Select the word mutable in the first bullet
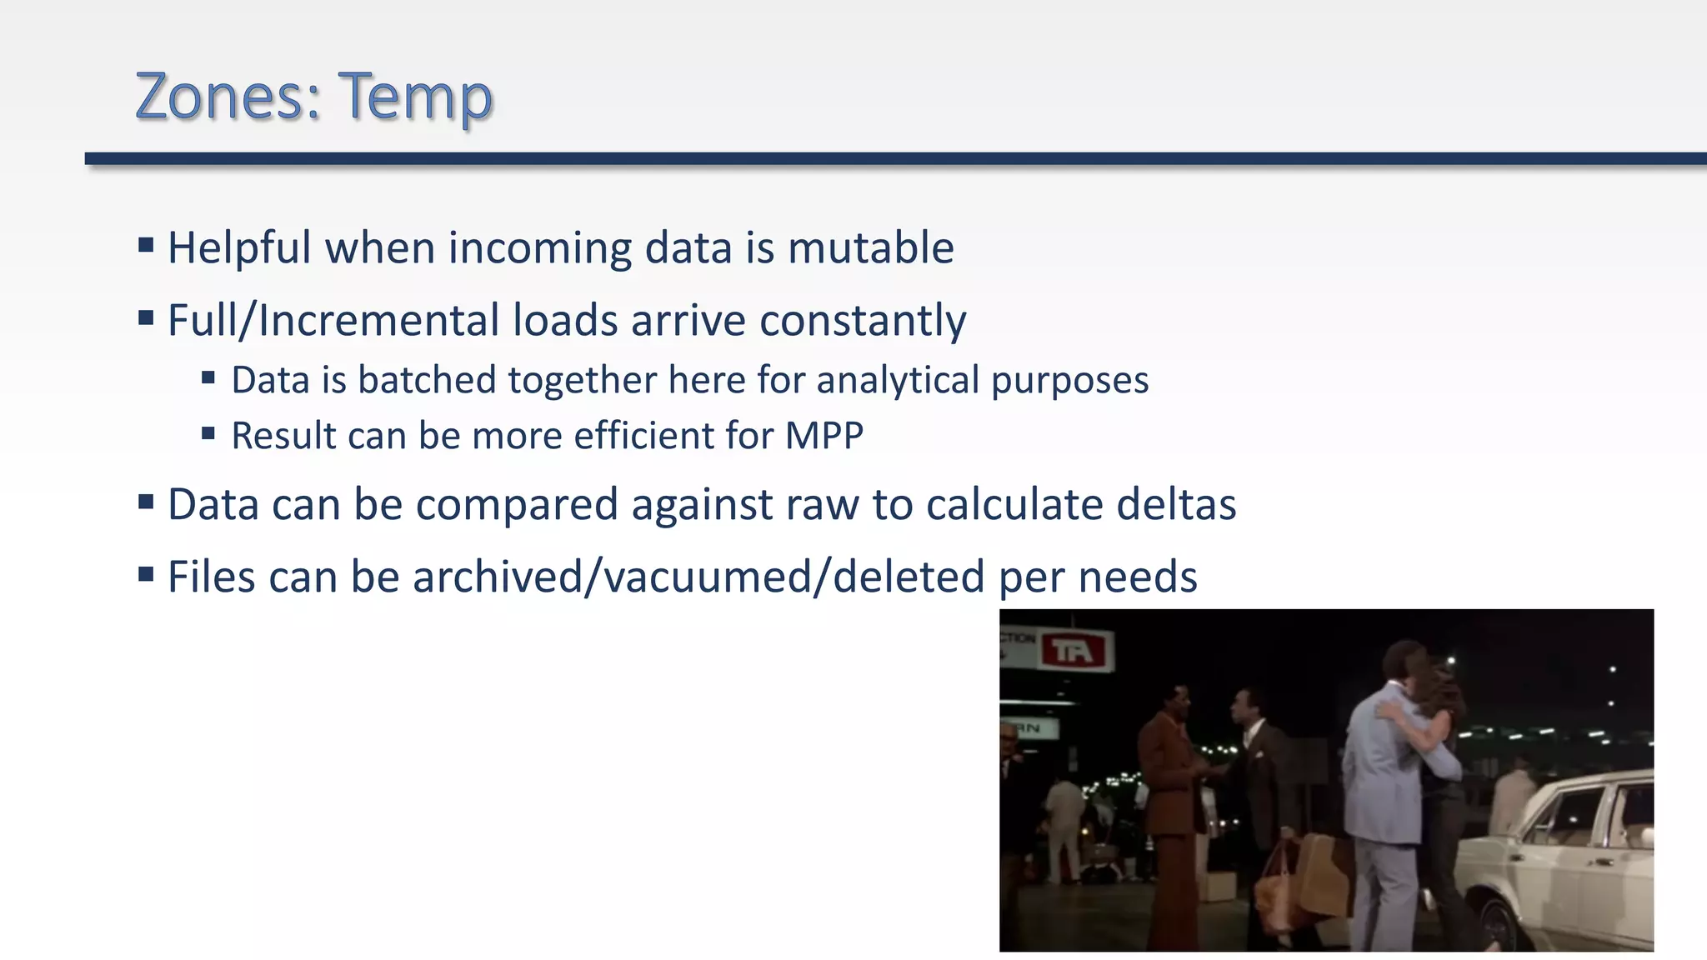tap(870, 248)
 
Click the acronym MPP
tap(823, 436)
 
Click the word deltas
tap(1175, 505)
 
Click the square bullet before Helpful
tap(147, 245)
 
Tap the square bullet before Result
tap(208, 432)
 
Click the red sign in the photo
tap(1075, 651)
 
